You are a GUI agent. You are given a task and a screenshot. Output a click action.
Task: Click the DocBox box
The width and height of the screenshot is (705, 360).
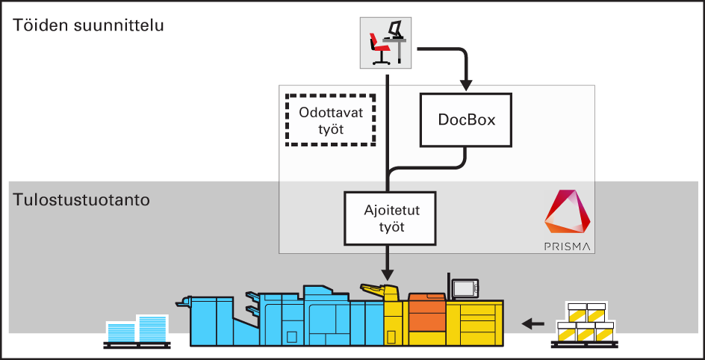coord(467,120)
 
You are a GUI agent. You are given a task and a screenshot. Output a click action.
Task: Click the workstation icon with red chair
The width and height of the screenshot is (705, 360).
coord(385,43)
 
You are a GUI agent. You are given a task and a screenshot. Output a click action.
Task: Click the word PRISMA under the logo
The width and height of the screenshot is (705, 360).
coord(568,246)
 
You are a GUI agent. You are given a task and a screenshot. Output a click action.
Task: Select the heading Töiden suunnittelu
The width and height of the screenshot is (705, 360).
coord(88,25)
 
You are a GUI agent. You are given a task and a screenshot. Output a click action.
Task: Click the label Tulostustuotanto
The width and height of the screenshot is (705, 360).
coord(81,200)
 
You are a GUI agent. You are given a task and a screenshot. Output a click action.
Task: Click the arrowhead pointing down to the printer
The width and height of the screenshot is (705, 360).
coord(388,270)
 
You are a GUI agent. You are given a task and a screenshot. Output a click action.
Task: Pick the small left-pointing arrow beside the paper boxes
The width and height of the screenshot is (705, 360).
coord(532,323)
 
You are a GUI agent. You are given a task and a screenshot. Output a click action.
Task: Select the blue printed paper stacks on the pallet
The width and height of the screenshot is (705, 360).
coord(138,329)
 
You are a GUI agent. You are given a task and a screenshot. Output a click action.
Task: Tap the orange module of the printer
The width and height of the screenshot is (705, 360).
coord(426,313)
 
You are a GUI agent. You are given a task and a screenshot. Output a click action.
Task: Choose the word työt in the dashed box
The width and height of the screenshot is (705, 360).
coord(330,130)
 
